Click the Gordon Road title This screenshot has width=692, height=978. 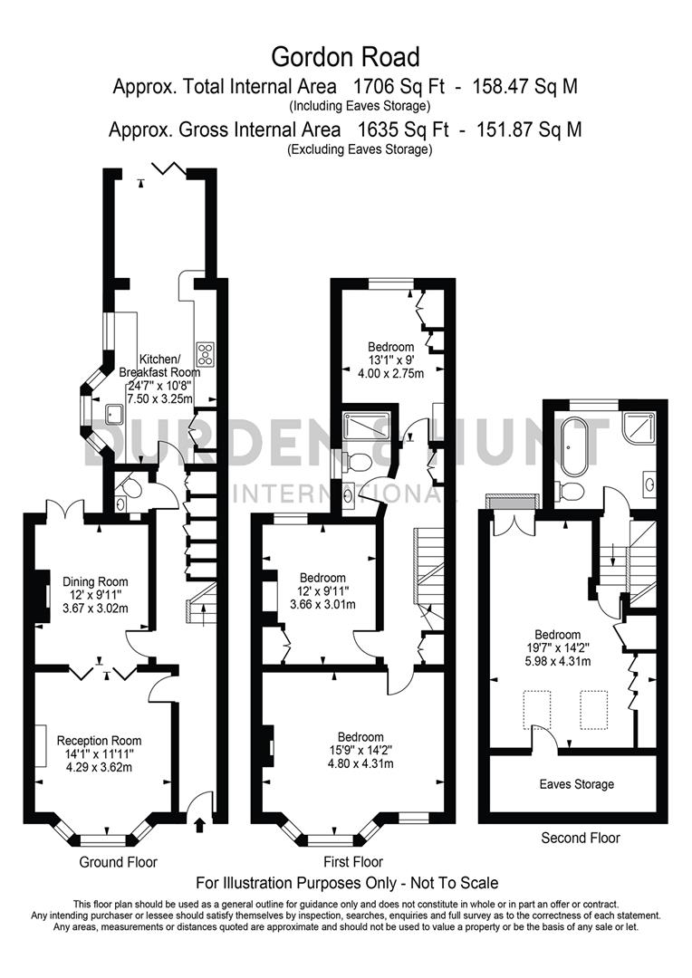click(346, 57)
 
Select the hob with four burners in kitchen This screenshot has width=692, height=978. click(205, 353)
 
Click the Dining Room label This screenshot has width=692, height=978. click(95, 581)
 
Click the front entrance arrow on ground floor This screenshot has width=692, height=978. click(199, 822)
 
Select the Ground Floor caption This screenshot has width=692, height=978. click(119, 862)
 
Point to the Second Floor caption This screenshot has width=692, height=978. click(581, 838)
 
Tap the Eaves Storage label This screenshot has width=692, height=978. click(576, 783)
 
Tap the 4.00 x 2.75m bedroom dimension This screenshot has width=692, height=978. click(390, 372)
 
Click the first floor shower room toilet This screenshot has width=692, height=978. click(359, 463)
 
